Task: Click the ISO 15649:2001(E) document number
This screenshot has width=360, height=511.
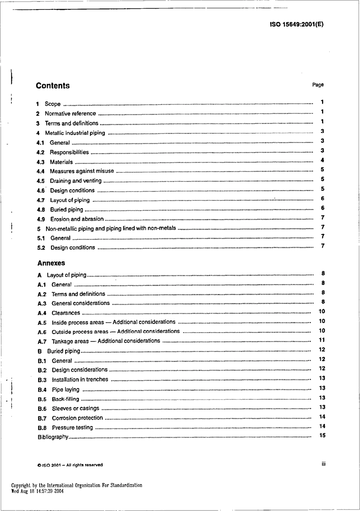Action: (297, 25)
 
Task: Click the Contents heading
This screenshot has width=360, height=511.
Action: (53, 86)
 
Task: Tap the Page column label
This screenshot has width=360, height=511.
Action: (318, 85)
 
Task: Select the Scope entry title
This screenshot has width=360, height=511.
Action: (53, 104)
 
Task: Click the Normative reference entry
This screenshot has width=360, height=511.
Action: (70, 113)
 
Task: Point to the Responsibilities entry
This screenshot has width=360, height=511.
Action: (69, 152)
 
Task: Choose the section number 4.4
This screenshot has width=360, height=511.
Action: (41, 171)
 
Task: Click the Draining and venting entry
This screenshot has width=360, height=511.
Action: (76, 181)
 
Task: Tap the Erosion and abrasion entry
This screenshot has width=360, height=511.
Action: (77, 219)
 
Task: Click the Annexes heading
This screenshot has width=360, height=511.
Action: (51, 263)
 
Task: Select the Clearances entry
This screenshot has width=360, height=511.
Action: (66, 313)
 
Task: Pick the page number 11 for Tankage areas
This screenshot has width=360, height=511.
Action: (322, 340)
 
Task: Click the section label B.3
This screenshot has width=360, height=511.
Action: (42, 380)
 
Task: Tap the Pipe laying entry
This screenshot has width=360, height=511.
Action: (66, 389)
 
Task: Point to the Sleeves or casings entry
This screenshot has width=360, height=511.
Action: (75, 408)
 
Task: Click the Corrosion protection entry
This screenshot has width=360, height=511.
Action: (77, 418)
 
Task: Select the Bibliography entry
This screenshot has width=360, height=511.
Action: (53, 437)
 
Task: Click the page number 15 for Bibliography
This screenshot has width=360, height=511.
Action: (322, 435)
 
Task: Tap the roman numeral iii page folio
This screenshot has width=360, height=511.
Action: (323, 464)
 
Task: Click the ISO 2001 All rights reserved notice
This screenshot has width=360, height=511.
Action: (70, 465)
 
